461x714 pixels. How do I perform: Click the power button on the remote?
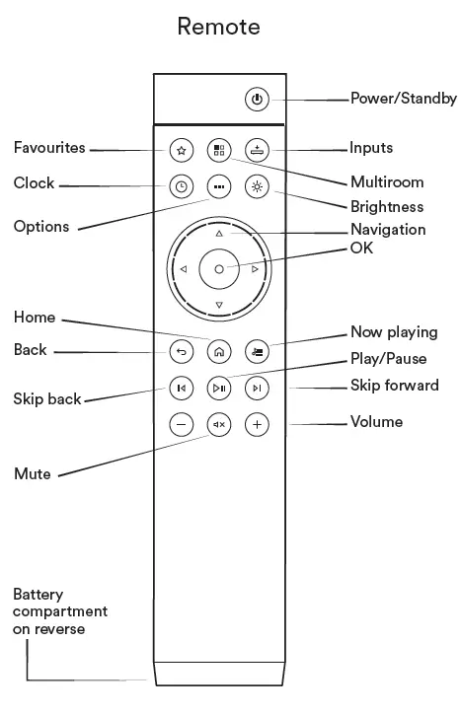point(257,99)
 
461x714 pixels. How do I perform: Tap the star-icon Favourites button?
point(180,150)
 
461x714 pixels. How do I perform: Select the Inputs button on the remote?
point(257,150)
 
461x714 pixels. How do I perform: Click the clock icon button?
point(180,186)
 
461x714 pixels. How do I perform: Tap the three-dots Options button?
point(218,186)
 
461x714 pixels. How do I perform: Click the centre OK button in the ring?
point(218,268)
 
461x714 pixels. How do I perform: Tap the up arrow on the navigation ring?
point(218,234)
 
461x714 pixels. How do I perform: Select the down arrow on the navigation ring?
point(218,304)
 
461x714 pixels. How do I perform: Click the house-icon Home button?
point(218,350)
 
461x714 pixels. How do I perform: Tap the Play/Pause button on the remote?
point(218,388)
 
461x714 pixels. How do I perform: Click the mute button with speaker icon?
point(218,425)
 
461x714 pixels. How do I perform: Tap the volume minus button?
point(180,425)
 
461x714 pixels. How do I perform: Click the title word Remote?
point(218,27)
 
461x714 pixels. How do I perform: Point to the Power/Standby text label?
point(403,99)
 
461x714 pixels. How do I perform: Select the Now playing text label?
point(393,332)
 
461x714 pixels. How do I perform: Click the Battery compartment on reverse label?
point(59,611)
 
